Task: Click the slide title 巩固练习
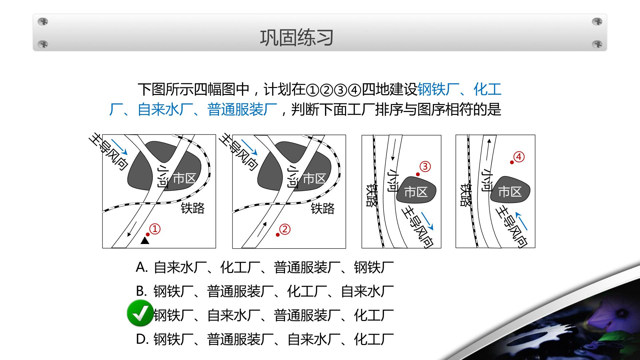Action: point(297,38)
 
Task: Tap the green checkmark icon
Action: point(140,313)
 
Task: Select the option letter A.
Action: point(141,267)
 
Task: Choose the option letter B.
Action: point(141,291)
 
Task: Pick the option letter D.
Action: point(142,339)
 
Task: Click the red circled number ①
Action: point(155,229)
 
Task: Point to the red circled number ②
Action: point(285,229)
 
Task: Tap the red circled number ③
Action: point(425,166)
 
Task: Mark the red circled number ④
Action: point(519,157)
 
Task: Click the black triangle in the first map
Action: point(145,241)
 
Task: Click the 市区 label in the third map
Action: point(416,192)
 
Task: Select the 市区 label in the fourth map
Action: point(510,192)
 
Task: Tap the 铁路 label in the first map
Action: point(193,208)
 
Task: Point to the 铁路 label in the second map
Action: point(323,209)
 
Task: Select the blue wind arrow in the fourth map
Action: point(522,221)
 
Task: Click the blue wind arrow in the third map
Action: point(427,221)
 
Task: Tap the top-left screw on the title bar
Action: point(43,22)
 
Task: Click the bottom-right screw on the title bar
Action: point(597,44)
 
